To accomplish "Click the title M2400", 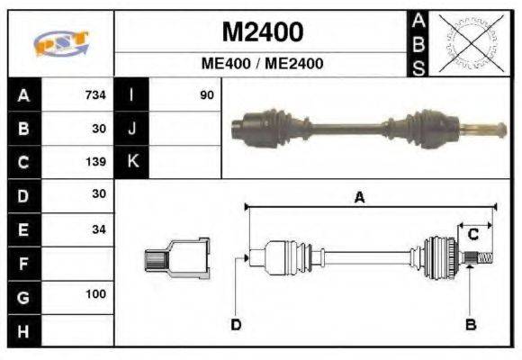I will click(x=262, y=33).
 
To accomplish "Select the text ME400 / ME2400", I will click(x=262, y=64).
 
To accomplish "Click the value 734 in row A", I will click(x=95, y=95).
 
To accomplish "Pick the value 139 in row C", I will click(x=95, y=162).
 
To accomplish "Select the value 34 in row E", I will click(x=98, y=229).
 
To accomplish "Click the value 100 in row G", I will click(x=95, y=294).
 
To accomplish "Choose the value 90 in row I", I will click(x=206, y=95).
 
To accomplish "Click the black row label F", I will click(x=23, y=264).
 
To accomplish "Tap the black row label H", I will click(x=23, y=330).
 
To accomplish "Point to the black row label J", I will click(x=131, y=129).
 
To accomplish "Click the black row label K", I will click(x=131, y=162).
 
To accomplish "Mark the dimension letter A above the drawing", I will click(x=359, y=198).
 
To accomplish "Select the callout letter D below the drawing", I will click(x=236, y=324).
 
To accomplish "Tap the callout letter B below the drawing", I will click(x=470, y=324).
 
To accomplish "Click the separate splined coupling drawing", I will click(x=177, y=258).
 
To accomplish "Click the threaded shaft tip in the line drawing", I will click(x=482, y=259).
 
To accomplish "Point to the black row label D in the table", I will click(x=23, y=195).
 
